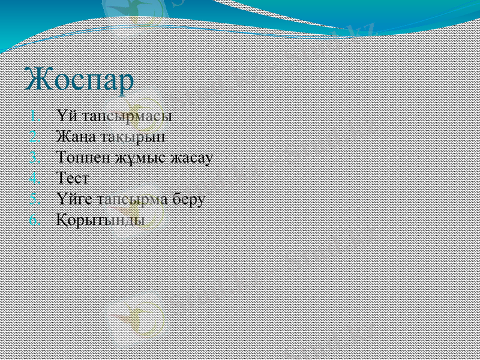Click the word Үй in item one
(65, 115)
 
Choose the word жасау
(192, 158)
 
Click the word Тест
(73, 178)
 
